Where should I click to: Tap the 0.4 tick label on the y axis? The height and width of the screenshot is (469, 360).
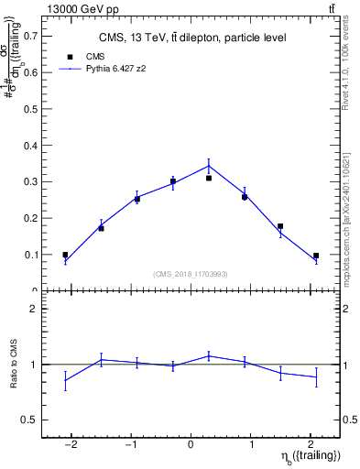(32, 146)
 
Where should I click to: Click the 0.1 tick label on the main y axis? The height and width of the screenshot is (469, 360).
(32, 255)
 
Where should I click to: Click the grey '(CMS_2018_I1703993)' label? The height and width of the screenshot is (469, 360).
(191, 273)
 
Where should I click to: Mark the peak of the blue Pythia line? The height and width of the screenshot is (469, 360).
(209, 166)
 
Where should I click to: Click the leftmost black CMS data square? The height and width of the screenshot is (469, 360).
(65, 255)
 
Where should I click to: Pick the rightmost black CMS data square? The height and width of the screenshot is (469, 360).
(316, 256)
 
